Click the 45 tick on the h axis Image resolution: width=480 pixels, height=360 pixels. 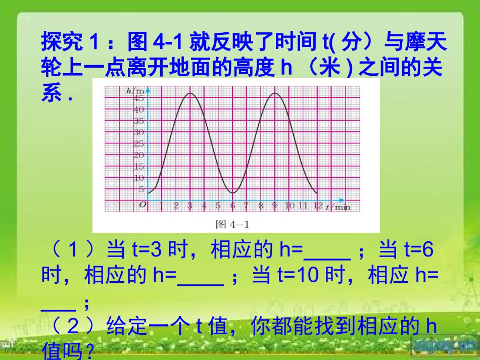click(138, 98)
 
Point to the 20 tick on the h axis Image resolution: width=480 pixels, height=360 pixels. click(138, 155)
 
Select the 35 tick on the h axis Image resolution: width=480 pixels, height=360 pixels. click(138, 121)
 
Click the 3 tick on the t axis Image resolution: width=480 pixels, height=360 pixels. click(190, 205)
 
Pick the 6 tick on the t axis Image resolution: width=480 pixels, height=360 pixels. click(232, 205)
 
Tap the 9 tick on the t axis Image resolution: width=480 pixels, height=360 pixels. click(274, 205)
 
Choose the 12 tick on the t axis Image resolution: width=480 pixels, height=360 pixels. click(317, 205)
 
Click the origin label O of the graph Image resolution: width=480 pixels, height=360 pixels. click(142, 205)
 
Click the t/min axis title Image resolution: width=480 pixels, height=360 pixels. click(338, 206)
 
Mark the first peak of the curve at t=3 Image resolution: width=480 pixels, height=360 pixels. click(190, 93)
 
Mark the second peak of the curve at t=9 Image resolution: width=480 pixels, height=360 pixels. click(275, 93)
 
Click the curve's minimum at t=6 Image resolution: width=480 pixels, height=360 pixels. click(232, 193)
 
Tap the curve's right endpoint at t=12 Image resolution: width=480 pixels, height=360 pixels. click(317, 193)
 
